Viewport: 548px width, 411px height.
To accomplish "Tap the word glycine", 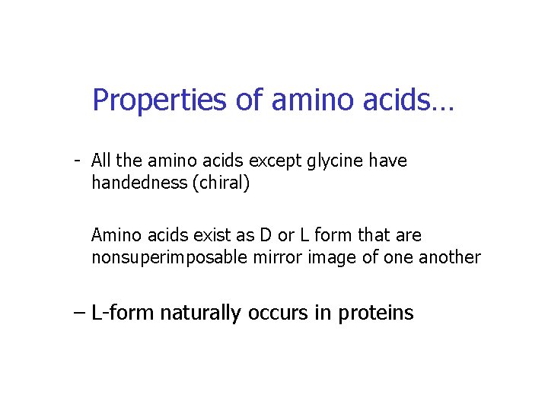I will tap(333, 161).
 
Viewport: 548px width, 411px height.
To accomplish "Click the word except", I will tap(278, 161).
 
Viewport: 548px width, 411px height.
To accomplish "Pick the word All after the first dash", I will tap(101, 161).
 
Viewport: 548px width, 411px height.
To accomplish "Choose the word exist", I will tap(194, 236).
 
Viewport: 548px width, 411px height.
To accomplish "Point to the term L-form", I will tap(123, 313).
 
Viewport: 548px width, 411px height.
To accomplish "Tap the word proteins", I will tap(372, 313).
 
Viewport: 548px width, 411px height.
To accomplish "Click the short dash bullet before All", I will tap(78, 161).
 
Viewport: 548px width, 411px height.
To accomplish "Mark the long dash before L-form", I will tap(79, 313).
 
